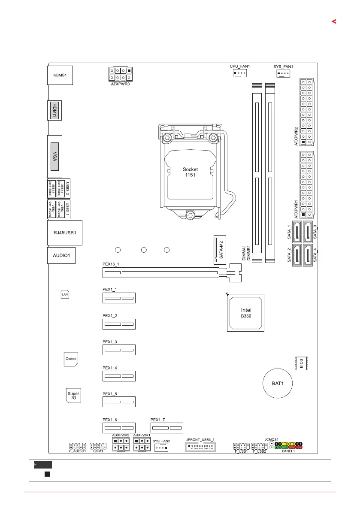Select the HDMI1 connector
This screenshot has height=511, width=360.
[x=54, y=110]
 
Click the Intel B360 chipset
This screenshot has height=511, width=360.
[x=246, y=313]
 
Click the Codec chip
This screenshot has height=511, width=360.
[x=71, y=359]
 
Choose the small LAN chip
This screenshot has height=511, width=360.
[x=65, y=295]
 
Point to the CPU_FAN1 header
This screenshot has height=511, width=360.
[x=239, y=73]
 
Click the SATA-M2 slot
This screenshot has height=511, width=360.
[x=219, y=249]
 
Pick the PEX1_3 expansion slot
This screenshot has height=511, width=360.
[x=118, y=351]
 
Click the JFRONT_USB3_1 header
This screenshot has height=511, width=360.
[x=200, y=448]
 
